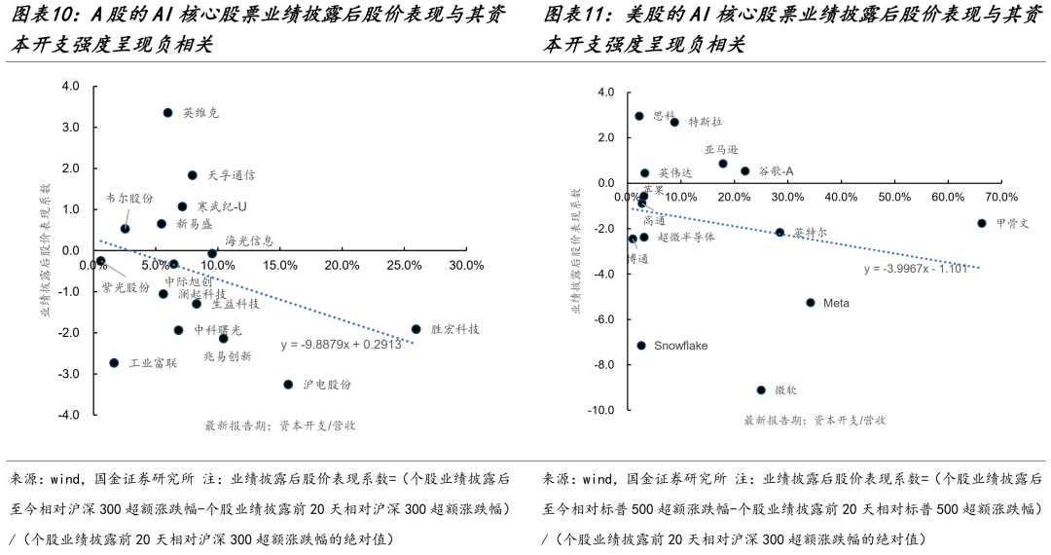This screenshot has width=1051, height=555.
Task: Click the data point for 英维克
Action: coord(167,113)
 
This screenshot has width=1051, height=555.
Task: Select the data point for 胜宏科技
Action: coord(416,329)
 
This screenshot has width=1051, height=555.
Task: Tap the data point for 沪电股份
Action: coord(288,385)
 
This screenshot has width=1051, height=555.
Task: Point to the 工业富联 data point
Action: coord(114,362)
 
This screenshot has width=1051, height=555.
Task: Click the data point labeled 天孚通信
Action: coord(192,175)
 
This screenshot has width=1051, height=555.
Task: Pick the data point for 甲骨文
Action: coord(982,223)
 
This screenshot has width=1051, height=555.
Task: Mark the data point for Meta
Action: coord(810,303)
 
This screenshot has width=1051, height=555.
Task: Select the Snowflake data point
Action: coord(641,346)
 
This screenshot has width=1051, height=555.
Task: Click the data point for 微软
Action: coord(761,389)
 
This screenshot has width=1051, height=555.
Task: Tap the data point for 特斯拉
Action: coord(674,122)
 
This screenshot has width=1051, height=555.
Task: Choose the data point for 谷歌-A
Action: coord(745,171)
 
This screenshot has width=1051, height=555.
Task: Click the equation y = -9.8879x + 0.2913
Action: coord(341,344)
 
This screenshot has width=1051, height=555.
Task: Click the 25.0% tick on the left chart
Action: coord(405,266)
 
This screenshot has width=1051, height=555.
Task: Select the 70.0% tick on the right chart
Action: coord(1001,198)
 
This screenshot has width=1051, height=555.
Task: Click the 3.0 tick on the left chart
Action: coord(70,128)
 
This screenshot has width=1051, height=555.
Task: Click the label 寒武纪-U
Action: coord(221,206)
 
